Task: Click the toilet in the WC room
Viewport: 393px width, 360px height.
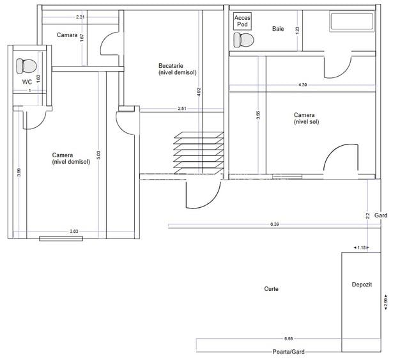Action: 26,67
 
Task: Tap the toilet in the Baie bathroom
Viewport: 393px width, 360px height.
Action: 243,40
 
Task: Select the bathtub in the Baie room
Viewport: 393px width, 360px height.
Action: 352,22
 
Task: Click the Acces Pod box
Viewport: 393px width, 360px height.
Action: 242,21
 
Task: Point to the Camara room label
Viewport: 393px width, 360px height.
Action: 67,35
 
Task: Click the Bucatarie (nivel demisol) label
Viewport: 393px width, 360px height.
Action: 178,69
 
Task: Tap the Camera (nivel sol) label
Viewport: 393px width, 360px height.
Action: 306,118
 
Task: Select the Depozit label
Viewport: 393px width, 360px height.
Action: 362,285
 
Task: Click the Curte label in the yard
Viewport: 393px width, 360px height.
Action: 271,289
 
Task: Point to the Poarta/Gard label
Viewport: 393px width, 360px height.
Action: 288,352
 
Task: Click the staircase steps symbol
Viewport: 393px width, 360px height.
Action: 199,153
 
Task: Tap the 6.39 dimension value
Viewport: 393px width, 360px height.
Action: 274,224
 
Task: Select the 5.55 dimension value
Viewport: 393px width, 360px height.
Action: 288,339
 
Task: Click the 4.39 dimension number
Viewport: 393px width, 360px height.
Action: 302,85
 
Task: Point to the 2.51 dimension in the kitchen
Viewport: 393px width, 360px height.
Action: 182,109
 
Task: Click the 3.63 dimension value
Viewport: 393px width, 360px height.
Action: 74,231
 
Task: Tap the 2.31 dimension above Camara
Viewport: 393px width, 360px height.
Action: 81,17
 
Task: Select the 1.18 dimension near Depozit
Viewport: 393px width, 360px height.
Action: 362,247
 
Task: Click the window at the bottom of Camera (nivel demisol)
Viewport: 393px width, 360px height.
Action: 61,239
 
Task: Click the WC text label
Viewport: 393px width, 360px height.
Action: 27,82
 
